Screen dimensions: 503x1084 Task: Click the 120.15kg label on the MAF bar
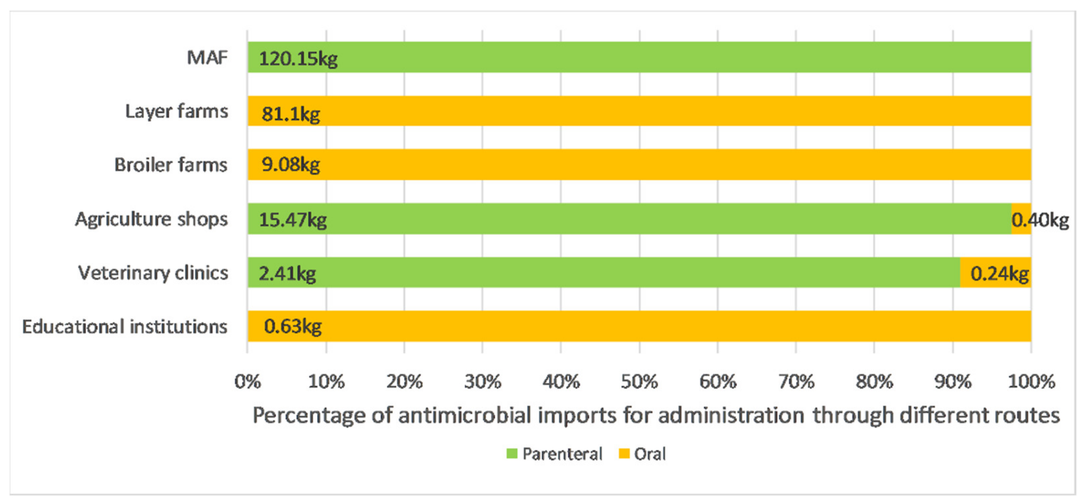coord(298,58)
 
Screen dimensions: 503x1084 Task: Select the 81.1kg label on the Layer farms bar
coord(290,113)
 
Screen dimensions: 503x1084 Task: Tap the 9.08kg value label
coord(290,164)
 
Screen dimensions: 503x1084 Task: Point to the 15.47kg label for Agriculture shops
coord(293,219)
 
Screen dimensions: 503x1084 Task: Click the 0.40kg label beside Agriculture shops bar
coord(1040,219)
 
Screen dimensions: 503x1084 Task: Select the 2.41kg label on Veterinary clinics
coord(287,273)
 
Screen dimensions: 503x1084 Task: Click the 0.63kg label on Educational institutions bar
coord(293,326)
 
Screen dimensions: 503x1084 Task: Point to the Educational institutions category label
coord(125,327)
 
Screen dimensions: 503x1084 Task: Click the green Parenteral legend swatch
coord(512,454)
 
